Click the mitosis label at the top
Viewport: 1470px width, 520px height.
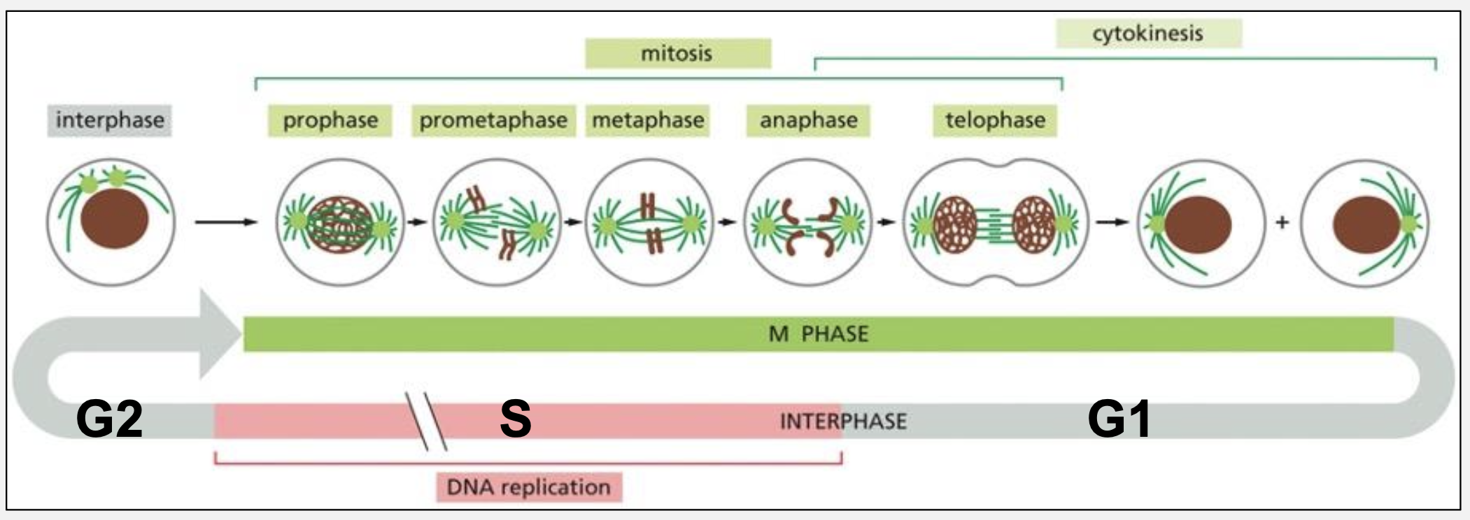[677, 54]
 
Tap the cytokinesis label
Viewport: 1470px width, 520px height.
[1147, 34]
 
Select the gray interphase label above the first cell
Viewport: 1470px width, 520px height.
[110, 120]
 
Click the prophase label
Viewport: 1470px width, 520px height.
[330, 120]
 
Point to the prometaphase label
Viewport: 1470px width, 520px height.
[493, 120]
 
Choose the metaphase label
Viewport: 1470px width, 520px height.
[648, 120]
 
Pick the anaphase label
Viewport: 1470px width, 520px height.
[808, 120]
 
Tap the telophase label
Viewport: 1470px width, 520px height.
[995, 120]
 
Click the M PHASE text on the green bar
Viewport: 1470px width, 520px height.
[819, 334]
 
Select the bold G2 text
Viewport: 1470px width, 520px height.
[109, 420]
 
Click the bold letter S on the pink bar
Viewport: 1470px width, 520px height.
[516, 420]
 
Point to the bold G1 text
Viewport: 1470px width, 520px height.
[1119, 420]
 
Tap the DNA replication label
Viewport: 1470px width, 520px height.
[529, 487]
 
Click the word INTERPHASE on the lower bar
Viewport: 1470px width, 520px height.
[843, 421]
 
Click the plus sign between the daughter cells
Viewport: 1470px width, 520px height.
[1282, 223]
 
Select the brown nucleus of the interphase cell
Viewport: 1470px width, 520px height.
[114, 219]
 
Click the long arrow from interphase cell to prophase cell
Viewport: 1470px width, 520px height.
[225, 222]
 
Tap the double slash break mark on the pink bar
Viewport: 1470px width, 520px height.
[427, 421]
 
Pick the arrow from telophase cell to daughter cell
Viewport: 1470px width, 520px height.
[1112, 222]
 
